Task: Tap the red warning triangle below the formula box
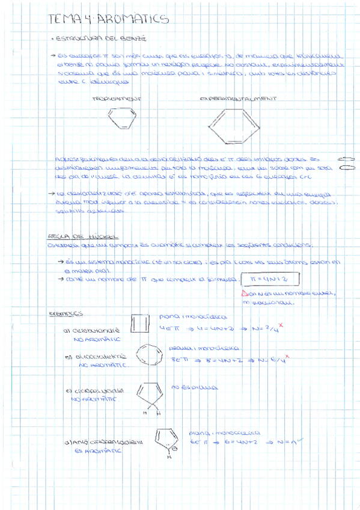243,293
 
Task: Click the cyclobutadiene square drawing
140,326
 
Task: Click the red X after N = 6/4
287,357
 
